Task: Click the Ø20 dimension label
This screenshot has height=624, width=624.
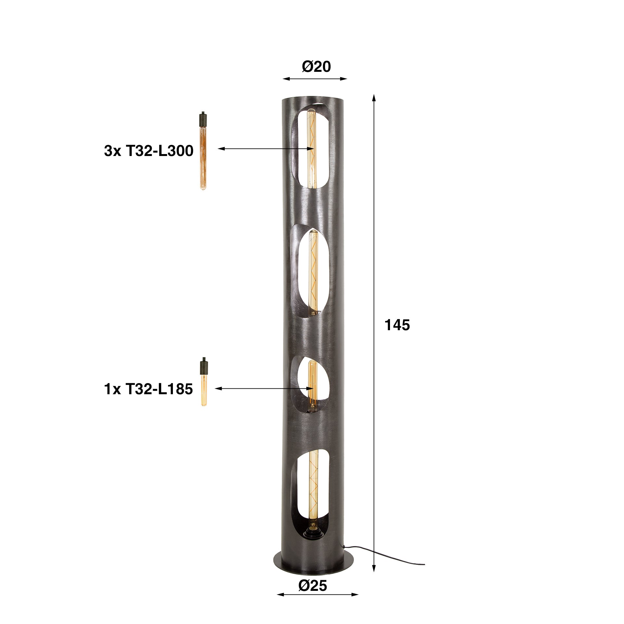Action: coord(316,67)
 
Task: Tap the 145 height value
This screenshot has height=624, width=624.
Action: coord(397,325)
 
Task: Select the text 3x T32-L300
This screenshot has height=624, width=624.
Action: coord(149,151)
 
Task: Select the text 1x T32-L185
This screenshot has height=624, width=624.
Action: coord(149,389)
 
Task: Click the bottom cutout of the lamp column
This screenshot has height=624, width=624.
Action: coord(312,494)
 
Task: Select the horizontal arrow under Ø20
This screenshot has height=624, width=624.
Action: coord(315,79)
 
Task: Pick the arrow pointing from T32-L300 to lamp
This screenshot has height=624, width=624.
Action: coord(265,149)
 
